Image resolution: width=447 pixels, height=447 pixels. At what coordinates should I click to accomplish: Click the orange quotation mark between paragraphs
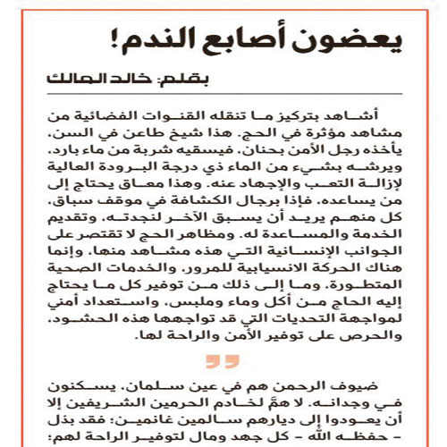220,362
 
